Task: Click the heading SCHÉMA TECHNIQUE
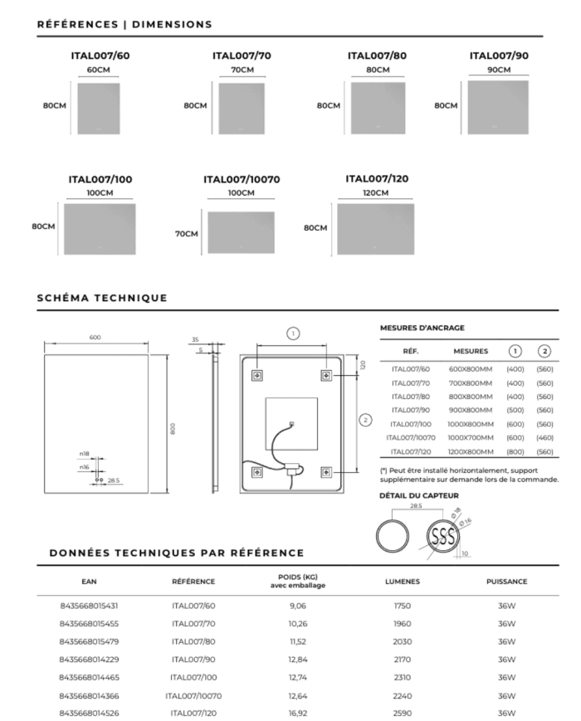coord(102,298)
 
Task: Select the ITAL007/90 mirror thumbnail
coord(498,108)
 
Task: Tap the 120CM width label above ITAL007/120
coord(375,192)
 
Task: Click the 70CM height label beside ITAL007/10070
coord(187,234)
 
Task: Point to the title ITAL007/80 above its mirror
coord(377,56)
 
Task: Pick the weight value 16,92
coord(298,713)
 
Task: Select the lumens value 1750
coord(403,606)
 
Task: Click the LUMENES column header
coord(403,582)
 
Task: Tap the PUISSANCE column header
coord(507,582)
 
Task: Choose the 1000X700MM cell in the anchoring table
coord(470,437)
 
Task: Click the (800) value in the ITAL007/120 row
coord(515,451)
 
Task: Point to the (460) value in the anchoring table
coord(544,437)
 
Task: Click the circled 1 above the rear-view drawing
coord(292,334)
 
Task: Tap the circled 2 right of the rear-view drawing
coord(365,420)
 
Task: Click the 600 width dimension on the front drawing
coord(95,337)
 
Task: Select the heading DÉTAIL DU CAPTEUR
coord(419,496)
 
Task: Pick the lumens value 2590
coord(403,713)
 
